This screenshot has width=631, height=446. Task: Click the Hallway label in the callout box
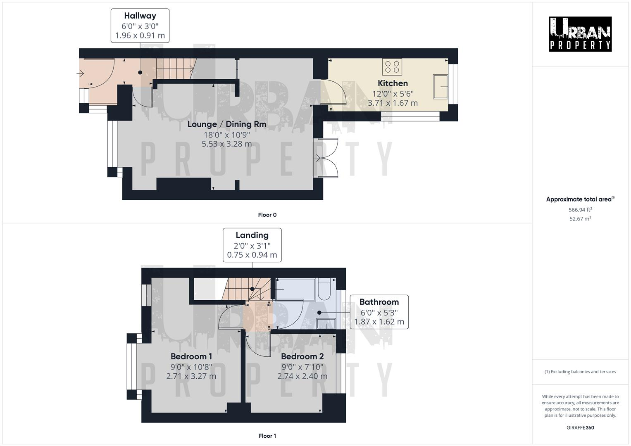tap(140, 16)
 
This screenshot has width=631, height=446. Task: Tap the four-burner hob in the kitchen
tap(392, 67)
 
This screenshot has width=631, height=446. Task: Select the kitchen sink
tap(440, 87)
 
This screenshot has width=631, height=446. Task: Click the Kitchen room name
tap(393, 83)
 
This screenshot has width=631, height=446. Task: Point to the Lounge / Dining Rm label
tap(227, 124)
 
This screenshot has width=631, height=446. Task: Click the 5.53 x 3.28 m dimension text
tap(227, 144)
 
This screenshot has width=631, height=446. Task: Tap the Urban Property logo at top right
tap(580, 34)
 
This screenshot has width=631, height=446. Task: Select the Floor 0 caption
tap(267, 215)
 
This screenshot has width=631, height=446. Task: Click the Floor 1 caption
tap(267, 436)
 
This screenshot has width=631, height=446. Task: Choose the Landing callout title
tap(252, 235)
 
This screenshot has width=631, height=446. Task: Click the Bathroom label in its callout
tap(379, 302)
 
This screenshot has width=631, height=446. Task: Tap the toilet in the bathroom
tap(324, 289)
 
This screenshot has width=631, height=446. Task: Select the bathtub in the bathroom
tap(295, 289)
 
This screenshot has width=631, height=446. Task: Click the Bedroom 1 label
tap(191, 356)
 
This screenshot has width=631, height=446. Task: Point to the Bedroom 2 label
tap(302, 356)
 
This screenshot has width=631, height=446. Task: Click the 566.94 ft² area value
tap(580, 209)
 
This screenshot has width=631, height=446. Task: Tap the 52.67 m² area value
tap(580, 218)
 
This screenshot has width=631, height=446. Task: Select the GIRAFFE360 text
tap(580, 428)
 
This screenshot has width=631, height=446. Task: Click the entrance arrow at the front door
tap(80, 74)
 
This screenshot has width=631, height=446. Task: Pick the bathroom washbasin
tap(326, 323)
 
